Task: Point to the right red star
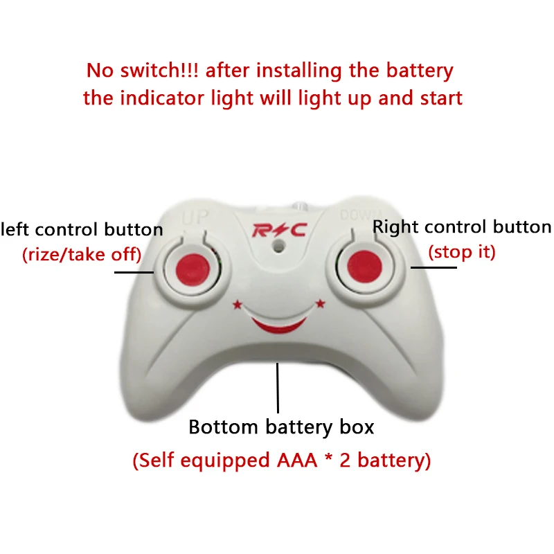pyautogui.click(x=320, y=303)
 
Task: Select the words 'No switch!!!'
pyautogui.click(x=143, y=71)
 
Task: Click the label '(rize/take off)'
pyautogui.click(x=82, y=255)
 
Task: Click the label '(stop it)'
pyautogui.click(x=463, y=252)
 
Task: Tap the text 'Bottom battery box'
pyautogui.click(x=281, y=427)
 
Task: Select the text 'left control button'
pyautogui.click(x=82, y=230)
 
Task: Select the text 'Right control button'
pyautogui.click(x=462, y=227)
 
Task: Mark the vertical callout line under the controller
pyautogui.click(x=278, y=388)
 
